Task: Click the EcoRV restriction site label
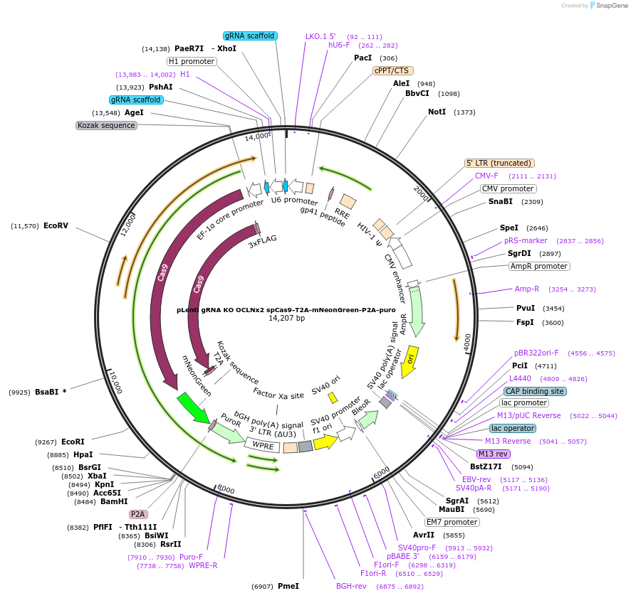coord(56,226)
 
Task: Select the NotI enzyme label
coord(437,112)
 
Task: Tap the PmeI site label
coord(288,586)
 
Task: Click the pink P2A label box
coord(137,514)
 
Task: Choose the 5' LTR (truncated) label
coord(499,163)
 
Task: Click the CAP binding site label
coord(535,391)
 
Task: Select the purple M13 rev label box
coord(494,454)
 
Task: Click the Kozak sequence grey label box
coord(106,125)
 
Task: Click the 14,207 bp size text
coord(286,319)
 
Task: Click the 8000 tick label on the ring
coord(226,489)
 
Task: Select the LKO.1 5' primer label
coord(320,36)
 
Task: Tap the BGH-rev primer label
coord(351,587)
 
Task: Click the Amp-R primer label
coord(527,289)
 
